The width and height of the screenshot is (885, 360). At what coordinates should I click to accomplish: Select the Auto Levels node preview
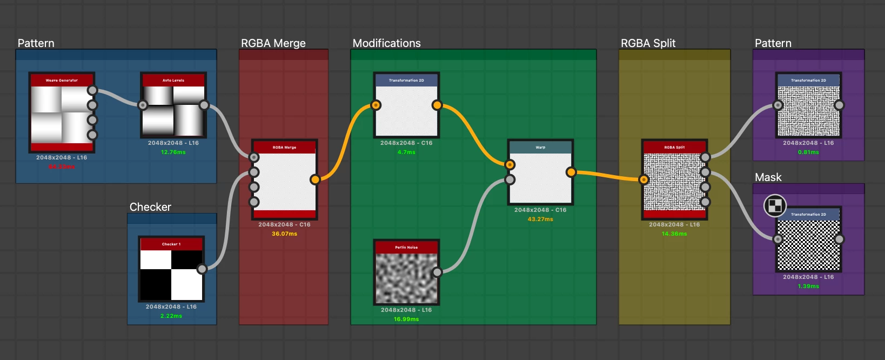[173, 110]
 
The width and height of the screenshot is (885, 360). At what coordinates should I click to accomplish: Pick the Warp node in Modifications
[540, 178]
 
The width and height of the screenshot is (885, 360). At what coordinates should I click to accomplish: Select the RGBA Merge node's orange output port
[315, 179]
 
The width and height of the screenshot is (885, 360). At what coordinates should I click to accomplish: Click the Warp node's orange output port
[571, 172]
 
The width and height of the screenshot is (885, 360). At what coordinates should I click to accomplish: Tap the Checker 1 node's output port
[202, 269]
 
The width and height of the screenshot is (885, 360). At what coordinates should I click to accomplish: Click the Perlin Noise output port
[437, 272]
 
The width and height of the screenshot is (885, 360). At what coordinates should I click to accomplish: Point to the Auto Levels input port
[143, 105]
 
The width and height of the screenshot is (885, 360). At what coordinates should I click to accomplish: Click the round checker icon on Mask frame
[775, 205]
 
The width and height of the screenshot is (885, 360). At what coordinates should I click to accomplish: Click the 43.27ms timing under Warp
[540, 219]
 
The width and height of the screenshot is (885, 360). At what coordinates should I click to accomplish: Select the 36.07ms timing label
[284, 234]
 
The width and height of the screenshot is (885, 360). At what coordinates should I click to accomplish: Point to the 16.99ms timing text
[406, 319]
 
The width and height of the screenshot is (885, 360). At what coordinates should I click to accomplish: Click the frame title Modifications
[386, 43]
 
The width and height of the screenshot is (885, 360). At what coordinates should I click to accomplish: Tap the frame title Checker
[150, 207]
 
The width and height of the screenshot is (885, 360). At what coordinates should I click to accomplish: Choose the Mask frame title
[768, 177]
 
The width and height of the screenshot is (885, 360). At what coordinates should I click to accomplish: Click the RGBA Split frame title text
[648, 43]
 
